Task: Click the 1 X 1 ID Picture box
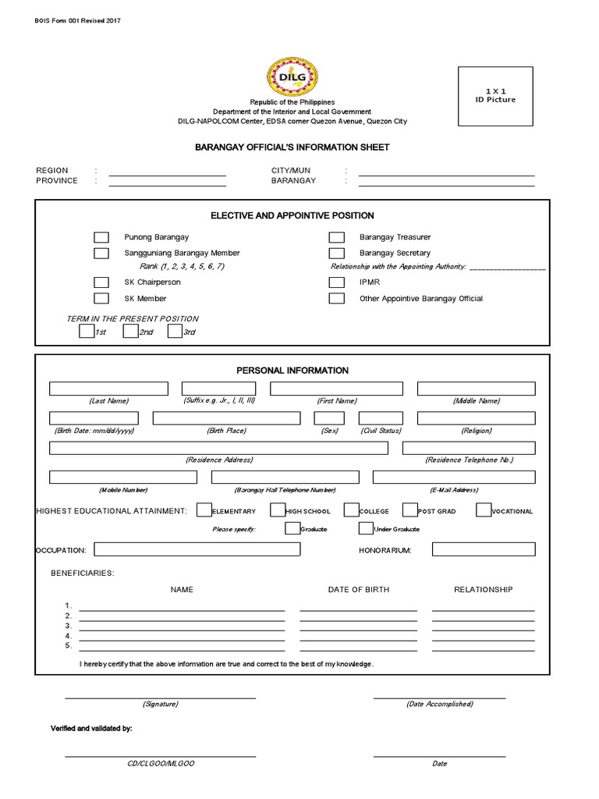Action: (x=496, y=96)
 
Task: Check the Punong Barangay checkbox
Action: (x=101, y=237)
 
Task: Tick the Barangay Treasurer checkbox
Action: (x=336, y=237)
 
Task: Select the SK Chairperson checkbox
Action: (x=101, y=282)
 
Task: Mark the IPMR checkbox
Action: (x=336, y=282)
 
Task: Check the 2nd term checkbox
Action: (x=130, y=332)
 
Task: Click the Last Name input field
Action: (x=108, y=389)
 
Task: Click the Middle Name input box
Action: (x=476, y=389)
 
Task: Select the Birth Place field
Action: (x=226, y=418)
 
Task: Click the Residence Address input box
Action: (x=218, y=448)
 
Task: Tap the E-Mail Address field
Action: (x=454, y=478)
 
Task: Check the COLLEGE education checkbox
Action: (x=351, y=510)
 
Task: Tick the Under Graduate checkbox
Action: (x=366, y=528)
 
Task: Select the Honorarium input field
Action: (x=484, y=549)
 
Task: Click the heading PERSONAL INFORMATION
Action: (x=292, y=371)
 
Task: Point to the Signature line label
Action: (x=160, y=704)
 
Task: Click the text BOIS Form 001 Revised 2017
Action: (x=78, y=20)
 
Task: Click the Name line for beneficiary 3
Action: (x=182, y=625)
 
